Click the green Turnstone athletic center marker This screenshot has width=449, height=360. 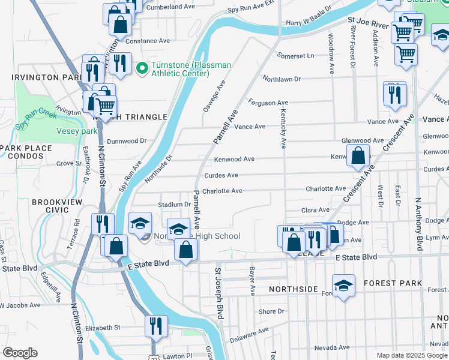(142, 69)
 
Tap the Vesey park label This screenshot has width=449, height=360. (77, 131)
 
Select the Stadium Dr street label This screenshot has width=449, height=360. (174, 205)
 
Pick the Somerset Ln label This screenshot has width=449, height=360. (295, 56)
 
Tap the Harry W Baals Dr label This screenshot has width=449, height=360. (309, 23)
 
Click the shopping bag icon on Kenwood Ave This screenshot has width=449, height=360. (358, 156)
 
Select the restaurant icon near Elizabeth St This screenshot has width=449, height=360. (155, 326)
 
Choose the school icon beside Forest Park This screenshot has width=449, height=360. (344, 286)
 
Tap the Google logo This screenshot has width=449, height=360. (20, 353)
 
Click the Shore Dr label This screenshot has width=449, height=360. (271, 311)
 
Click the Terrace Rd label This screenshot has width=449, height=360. (76, 230)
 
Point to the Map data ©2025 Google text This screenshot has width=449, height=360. (411, 355)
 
